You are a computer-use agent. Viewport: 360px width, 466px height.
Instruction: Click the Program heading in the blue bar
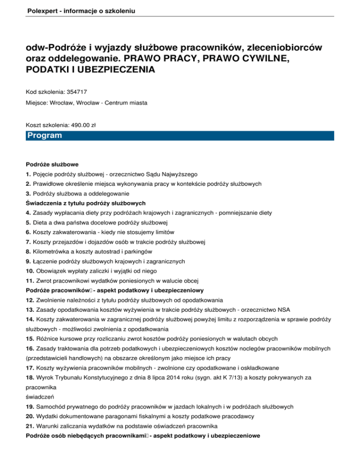click(x=45, y=136)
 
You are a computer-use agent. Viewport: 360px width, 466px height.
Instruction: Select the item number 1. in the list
click(x=29, y=173)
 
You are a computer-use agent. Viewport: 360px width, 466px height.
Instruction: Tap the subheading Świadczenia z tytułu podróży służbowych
click(x=86, y=203)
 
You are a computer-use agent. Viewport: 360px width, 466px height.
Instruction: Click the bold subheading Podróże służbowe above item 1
click(x=52, y=164)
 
